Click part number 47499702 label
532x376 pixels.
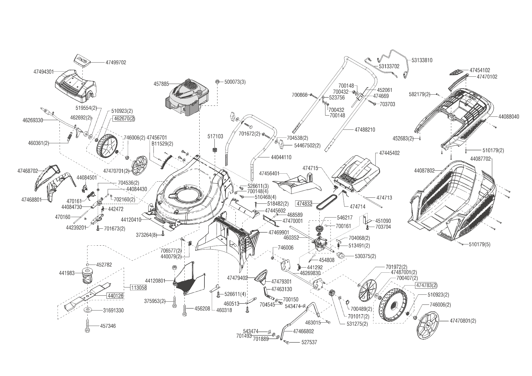[x=116, y=63]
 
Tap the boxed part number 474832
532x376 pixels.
[x=304, y=204]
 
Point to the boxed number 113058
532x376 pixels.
[x=139, y=287]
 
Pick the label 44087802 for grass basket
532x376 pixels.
[x=424, y=171]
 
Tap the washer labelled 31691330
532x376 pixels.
[x=89, y=310]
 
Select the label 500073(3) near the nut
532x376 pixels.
[x=235, y=82]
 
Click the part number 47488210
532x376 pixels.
[x=365, y=130]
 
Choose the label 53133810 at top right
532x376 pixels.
[x=422, y=60]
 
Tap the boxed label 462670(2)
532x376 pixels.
[x=124, y=119]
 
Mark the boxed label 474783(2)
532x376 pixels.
[x=426, y=285]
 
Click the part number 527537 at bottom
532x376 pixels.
[x=309, y=342]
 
